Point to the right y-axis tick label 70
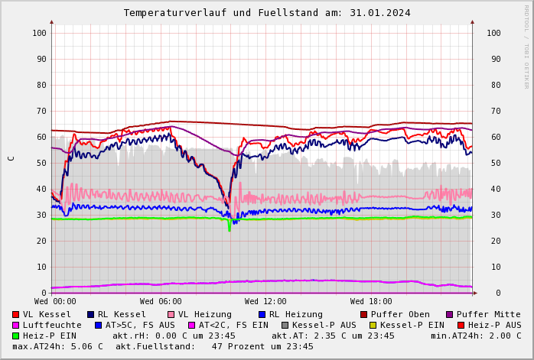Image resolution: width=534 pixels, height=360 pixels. [493, 111]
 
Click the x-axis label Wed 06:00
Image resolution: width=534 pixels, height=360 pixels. [161, 302]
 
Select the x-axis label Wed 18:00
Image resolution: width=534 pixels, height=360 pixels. [371, 302]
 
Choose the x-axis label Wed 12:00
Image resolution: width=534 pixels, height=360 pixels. [265, 302]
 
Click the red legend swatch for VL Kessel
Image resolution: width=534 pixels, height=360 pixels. [15, 314]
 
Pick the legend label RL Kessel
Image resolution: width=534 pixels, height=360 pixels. [122, 314]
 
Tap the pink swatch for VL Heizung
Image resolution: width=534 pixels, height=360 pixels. [171, 314]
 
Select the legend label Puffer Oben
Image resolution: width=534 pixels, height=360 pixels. [399, 314]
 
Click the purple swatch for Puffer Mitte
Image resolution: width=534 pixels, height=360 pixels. [450, 314]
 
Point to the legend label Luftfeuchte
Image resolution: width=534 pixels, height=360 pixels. [52, 325]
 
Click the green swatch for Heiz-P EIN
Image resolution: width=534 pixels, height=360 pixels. [15, 336]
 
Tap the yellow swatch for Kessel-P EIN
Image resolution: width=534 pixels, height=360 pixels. [373, 325]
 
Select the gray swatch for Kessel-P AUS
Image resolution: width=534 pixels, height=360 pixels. [285, 325]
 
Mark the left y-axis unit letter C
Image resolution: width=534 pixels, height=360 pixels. [11, 158]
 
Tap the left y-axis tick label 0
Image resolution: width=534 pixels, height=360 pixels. [44, 293]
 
